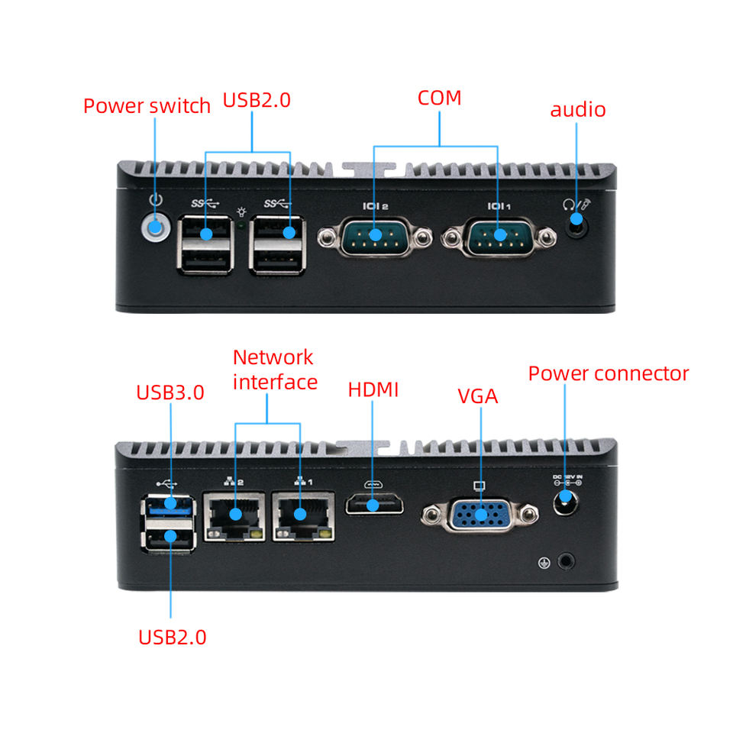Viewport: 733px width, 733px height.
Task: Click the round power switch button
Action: coord(156,227)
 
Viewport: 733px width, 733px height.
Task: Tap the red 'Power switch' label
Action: coord(147,105)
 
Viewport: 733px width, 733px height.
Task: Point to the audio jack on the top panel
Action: coord(577,224)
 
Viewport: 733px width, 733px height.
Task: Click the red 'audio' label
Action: coord(578,109)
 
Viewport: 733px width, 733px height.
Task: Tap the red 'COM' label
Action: coord(439,98)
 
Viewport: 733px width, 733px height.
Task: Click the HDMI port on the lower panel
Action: coord(373,505)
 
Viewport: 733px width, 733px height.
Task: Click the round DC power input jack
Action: coord(566,501)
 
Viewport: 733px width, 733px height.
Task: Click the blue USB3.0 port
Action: coord(170,504)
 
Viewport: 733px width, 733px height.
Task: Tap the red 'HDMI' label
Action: coord(373,389)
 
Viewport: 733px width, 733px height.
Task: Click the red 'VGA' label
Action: coord(478,396)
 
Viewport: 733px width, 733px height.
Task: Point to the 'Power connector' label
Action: coord(609,373)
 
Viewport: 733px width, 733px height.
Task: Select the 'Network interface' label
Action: coord(274,370)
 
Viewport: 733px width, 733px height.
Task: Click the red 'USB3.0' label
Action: coord(170,392)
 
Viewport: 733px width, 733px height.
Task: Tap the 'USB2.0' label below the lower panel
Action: coord(173,637)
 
